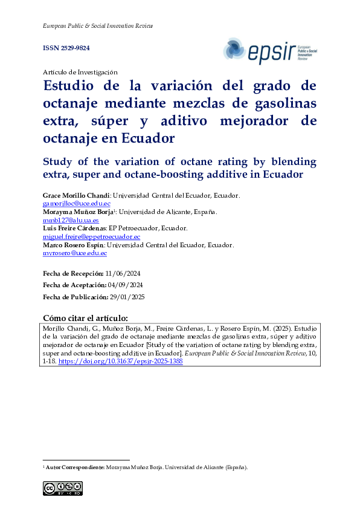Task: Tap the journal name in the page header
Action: (97, 26)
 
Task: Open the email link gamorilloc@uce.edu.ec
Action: (76, 204)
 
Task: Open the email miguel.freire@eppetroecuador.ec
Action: (91, 237)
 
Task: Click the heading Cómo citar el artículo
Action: (85, 318)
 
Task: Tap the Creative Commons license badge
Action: (62, 488)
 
